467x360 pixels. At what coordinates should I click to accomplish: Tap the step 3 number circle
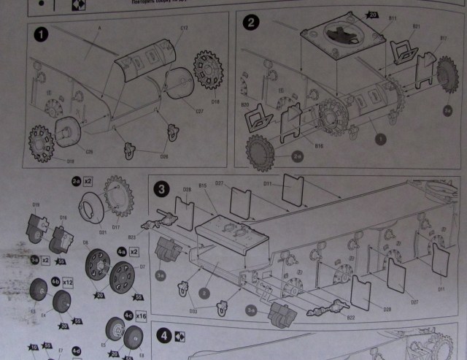(x=164, y=188)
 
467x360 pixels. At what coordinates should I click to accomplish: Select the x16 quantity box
(x=142, y=315)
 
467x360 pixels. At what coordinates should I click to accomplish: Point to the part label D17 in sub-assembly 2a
(x=115, y=226)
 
